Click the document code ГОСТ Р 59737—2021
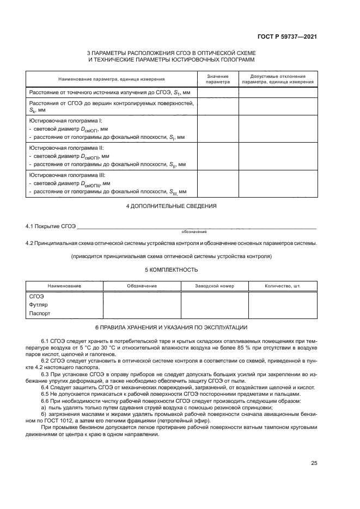click(x=287, y=37)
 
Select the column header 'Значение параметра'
click(x=218, y=79)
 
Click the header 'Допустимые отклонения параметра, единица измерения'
click(x=278, y=79)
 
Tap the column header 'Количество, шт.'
click(x=282, y=286)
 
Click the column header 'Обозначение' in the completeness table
click(x=142, y=286)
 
